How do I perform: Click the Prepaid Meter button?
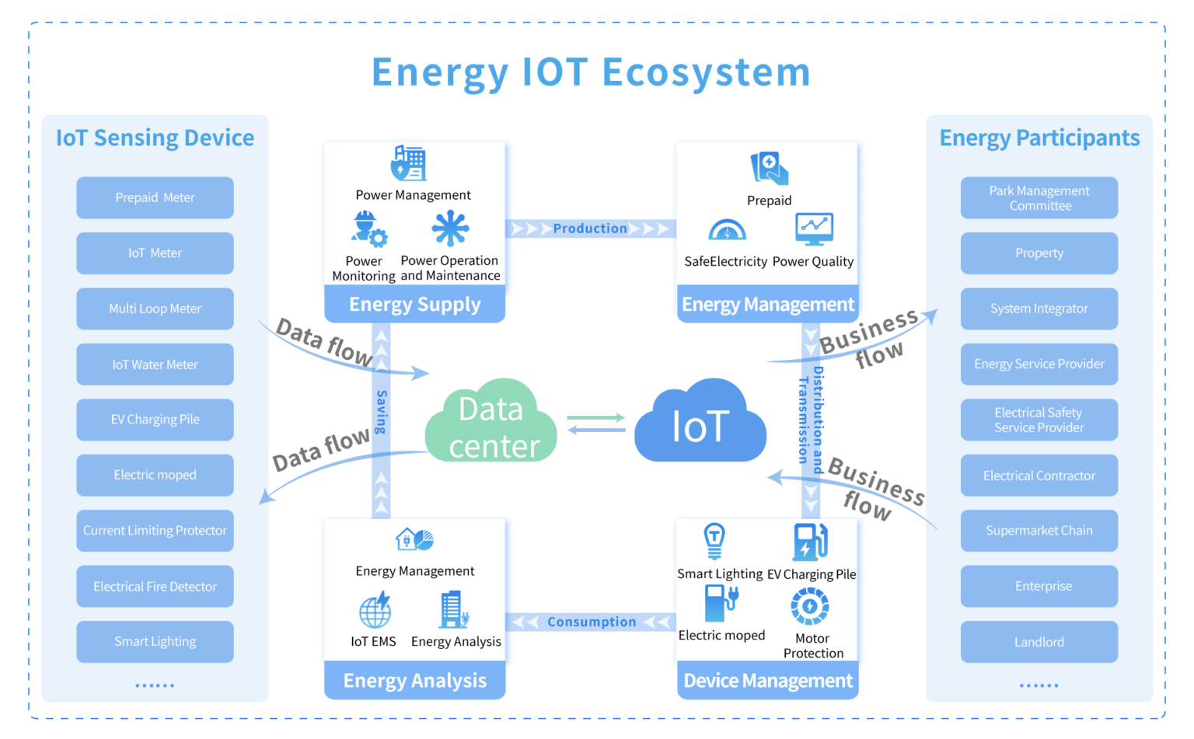tap(155, 197)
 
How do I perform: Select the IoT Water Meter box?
tap(155, 364)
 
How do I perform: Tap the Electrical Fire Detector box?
tap(155, 587)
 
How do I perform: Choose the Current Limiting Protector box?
tap(155, 531)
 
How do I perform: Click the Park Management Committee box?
tap(1039, 198)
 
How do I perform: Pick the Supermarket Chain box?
tap(1039, 531)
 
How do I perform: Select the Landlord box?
tap(1039, 642)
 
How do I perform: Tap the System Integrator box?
tap(1039, 308)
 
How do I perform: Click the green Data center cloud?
tap(491, 424)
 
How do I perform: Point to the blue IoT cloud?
tap(700, 424)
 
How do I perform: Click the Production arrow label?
tap(590, 228)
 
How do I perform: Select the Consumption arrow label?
tap(591, 622)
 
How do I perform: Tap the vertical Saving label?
tap(381, 412)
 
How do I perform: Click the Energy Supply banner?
tap(414, 305)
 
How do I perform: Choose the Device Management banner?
tap(767, 681)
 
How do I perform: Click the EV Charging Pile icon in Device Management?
tap(810, 542)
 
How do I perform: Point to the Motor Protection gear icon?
tap(810, 606)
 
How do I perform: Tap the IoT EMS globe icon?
tap(375, 611)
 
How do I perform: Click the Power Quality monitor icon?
tap(814, 229)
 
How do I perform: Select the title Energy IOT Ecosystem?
tap(591, 72)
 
